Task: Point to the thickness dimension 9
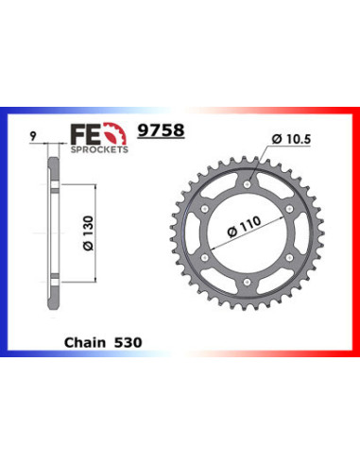click(x=33, y=135)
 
